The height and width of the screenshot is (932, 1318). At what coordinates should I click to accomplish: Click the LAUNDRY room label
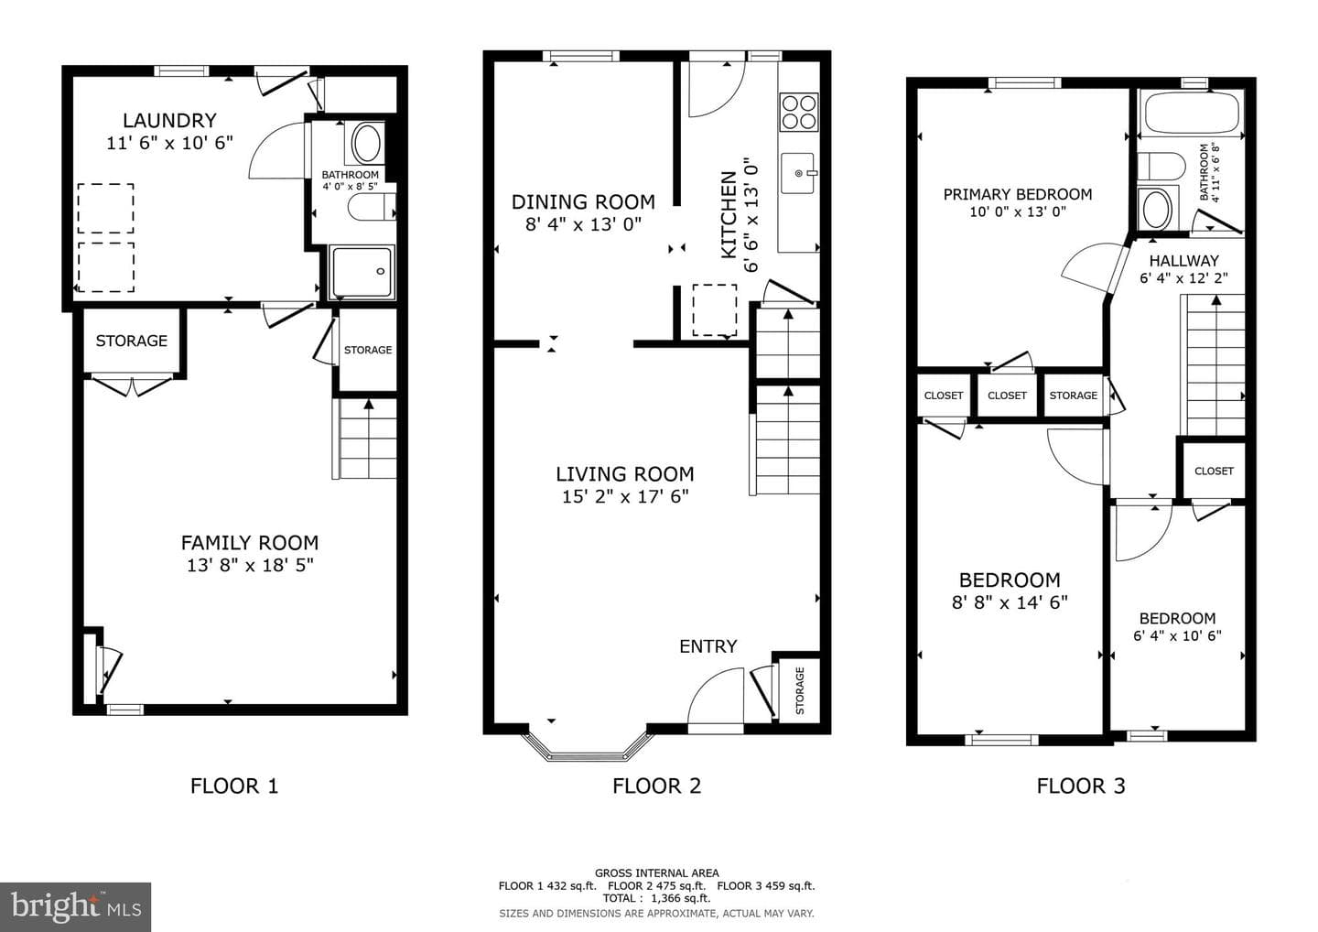pos(169,121)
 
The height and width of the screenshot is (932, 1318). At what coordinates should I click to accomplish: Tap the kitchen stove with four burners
pos(798,112)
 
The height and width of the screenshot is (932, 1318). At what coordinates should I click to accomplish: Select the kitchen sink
pos(798,173)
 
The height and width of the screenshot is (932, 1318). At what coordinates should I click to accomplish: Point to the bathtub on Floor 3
pos(1191,113)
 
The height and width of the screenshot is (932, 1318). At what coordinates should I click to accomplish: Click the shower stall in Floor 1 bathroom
pos(362,273)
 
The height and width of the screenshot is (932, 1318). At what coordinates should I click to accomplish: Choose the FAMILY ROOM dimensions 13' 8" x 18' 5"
pos(250,566)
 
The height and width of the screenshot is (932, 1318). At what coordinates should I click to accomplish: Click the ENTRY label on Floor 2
pos(708,646)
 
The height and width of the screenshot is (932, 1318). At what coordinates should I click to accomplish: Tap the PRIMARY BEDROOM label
pos(1018,195)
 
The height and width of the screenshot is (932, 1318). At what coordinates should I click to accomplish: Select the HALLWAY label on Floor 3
pos(1183,261)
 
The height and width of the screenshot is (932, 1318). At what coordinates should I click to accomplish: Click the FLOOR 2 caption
pos(656,786)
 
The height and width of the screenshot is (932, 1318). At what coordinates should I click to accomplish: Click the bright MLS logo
pos(75,906)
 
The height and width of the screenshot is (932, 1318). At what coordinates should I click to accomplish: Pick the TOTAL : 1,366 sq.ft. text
pos(656,898)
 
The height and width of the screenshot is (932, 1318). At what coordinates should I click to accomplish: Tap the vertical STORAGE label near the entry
pos(800,691)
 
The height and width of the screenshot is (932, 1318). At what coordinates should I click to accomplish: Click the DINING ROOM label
pos(583,202)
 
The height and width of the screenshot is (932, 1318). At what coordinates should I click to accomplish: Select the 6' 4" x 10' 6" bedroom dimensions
pos(1177,636)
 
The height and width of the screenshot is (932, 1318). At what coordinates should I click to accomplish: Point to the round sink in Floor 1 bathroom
pos(366,143)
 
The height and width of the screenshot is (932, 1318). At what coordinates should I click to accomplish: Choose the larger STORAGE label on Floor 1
pos(131,341)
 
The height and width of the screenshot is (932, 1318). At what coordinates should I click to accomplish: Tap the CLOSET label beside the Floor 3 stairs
pos(1214,471)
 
